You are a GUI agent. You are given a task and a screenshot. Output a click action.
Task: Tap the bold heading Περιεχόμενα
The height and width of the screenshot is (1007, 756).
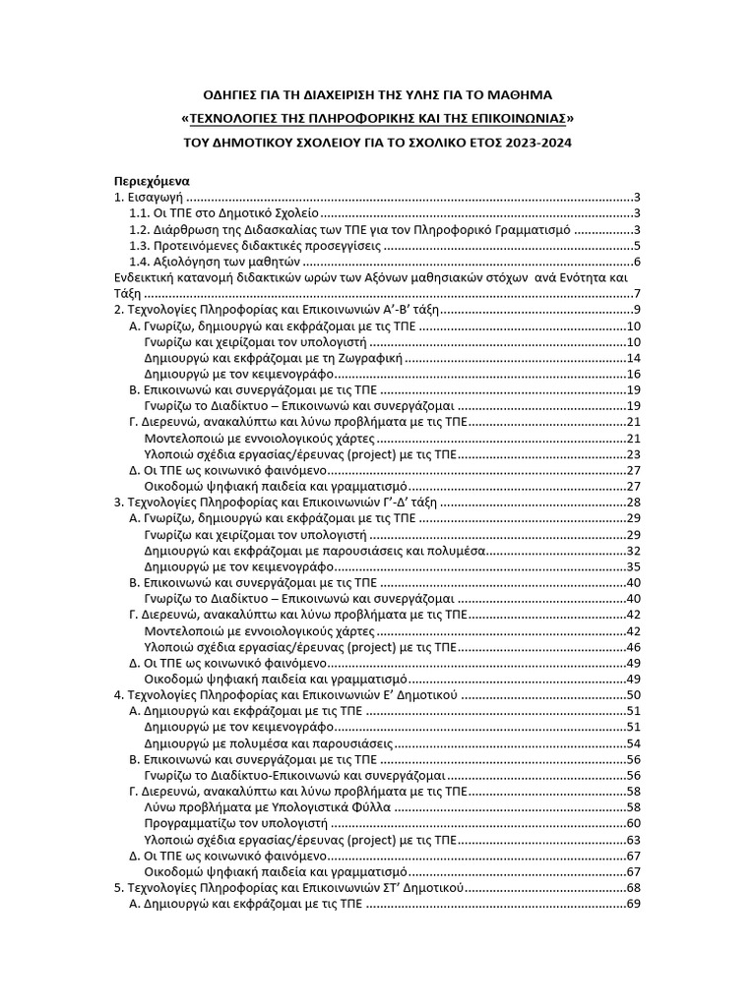(x=150, y=181)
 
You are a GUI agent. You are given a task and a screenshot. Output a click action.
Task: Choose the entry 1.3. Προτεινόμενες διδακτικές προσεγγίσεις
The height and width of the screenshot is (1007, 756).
(x=254, y=245)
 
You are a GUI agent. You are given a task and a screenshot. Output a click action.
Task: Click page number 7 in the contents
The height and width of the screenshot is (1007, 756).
(x=638, y=294)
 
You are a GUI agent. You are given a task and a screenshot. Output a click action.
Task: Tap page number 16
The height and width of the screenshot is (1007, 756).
(x=634, y=374)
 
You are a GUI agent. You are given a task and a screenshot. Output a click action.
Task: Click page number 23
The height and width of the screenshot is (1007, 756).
(x=634, y=453)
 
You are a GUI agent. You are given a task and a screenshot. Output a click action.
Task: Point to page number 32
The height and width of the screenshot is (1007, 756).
(x=634, y=550)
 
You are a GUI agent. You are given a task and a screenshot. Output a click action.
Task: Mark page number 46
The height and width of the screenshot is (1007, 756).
(x=634, y=646)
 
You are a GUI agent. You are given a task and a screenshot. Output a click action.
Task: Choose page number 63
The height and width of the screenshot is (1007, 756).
(x=634, y=839)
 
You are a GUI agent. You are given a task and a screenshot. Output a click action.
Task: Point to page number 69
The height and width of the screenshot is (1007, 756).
(x=634, y=903)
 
